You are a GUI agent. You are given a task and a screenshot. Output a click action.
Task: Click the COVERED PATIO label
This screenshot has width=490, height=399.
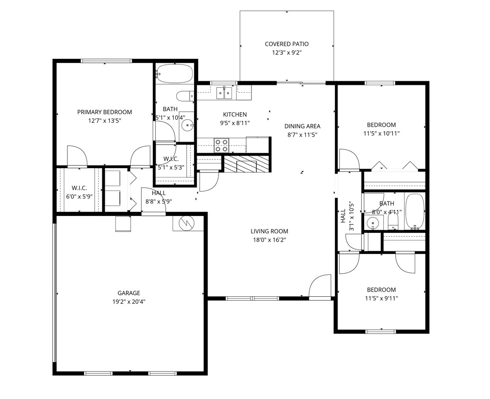(286, 44)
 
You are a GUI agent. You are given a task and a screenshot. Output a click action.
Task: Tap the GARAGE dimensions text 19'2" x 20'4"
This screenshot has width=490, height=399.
(129, 301)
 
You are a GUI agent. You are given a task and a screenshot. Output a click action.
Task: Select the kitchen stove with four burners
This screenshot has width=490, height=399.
(222, 145)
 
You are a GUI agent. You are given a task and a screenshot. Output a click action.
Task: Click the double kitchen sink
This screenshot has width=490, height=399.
(224, 92)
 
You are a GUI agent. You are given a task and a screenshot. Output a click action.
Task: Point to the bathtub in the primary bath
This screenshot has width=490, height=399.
(174, 74)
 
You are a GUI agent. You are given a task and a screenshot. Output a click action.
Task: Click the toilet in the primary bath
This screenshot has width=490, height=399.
(184, 95)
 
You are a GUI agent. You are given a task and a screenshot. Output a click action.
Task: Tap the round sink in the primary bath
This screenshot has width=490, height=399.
(187, 125)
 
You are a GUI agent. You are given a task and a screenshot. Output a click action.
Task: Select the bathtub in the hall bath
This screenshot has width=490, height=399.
(414, 210)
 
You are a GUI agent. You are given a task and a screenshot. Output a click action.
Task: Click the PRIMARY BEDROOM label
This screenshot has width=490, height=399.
(104, 112)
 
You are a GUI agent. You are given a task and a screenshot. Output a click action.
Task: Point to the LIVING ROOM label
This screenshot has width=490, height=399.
(269, 231)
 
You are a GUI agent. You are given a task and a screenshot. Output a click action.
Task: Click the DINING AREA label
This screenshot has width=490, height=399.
(302, 126)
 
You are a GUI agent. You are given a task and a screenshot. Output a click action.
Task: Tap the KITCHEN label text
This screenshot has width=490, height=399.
(235, 115)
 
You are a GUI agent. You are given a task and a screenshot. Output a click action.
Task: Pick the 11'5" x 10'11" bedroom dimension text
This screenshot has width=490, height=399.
(381, 133)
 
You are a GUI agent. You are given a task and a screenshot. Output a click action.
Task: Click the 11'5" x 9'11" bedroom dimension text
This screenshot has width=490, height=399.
(381, 298)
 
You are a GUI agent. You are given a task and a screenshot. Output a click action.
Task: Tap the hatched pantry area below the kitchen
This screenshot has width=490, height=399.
(245, 164)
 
